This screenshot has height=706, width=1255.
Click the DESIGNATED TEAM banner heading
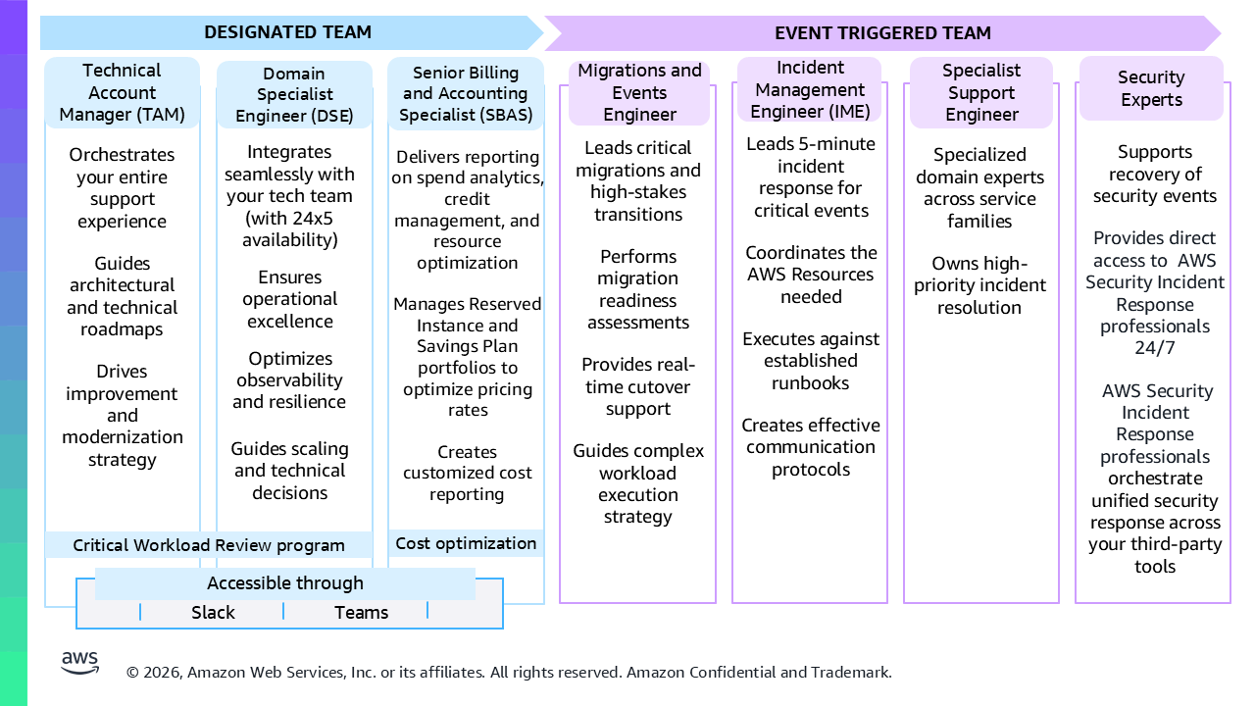click(287, 32)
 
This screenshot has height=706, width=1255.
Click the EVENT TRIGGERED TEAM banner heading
click(882, 33)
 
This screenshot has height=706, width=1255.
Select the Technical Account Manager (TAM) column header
click(123, 92)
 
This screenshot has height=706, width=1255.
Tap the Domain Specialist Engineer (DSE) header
click(294, 94)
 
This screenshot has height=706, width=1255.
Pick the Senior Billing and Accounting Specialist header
click(466, 93)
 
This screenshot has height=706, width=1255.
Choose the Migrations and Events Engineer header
click(639, 92)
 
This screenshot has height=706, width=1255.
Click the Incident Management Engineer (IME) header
click(810, 89)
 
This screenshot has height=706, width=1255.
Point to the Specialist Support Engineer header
click(981, 92)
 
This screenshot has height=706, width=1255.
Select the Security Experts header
click(1151, 88)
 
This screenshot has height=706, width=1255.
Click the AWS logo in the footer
click(79, 663)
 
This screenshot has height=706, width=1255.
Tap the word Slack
click(213, 613)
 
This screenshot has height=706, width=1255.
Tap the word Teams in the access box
click(361, 613)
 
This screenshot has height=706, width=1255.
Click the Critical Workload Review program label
click(209, 545)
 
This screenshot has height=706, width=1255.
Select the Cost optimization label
click(466, 543)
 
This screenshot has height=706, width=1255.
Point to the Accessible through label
click(285, 583)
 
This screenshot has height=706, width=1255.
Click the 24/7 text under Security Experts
click(1155, 348)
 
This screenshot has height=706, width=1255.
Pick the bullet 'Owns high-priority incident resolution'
click(979, 285)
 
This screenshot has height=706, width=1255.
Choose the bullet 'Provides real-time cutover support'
click(638, 386)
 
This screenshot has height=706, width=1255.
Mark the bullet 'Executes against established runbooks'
click(811, 361)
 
